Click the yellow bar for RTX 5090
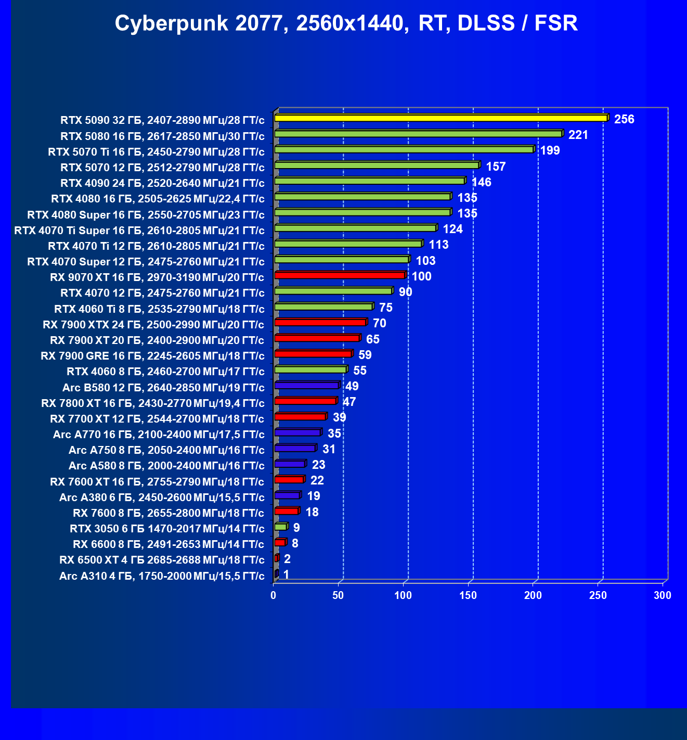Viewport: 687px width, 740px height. pos(440,118)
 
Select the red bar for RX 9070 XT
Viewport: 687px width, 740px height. pos(340,275)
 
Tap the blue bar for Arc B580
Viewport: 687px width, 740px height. pos(307,386)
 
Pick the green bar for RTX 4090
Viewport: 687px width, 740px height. pos(369,181)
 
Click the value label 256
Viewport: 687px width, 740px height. pos(624,119)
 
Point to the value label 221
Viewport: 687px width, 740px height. pos(578,135)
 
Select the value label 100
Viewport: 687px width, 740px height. pos(422,277)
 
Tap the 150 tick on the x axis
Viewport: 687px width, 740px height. pos(468,595)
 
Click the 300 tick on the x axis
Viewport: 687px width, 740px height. pos(663,595)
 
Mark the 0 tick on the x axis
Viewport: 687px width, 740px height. pos(274,595)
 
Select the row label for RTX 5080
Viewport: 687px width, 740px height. pos(162,136)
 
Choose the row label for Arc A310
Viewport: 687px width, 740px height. pos(162,576)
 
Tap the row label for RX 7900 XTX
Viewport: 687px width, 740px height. pos(153,325)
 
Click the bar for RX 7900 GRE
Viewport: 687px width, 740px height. pos(313,354)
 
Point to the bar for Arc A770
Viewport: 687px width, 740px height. pos(297,432)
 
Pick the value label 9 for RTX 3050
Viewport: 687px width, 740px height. pos(296,528)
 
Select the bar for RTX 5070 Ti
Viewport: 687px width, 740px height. pos(404,150)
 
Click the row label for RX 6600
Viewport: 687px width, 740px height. pos(168,544)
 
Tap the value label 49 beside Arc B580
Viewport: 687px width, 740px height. pos(352,387)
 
